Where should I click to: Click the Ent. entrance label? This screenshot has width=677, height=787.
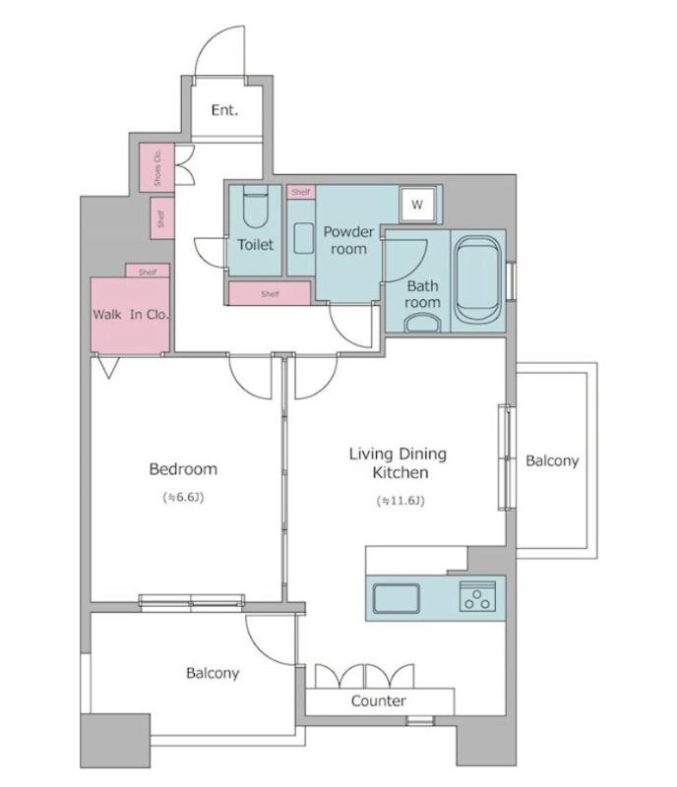[x=224, y=110]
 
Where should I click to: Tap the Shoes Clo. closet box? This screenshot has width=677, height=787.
[x=156, y=167]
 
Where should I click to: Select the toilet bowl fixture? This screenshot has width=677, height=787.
[x=256, y=207]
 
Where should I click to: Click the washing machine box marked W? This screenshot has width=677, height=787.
[x=417, y=205]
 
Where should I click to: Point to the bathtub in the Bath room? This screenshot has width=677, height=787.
[x=477, y=280]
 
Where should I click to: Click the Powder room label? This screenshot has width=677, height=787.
[x=348, y=240]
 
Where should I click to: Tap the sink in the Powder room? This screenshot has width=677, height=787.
[x=303, y=238]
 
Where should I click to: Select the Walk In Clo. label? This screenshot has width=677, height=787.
[x=131, y=315]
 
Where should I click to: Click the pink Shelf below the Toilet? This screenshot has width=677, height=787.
[x=270, y=293]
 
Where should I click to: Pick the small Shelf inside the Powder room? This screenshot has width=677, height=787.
[x=301, y=192]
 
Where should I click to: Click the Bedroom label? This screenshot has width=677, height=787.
[x=183, y=469]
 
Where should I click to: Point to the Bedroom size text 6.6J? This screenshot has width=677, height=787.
[x=183, y=498]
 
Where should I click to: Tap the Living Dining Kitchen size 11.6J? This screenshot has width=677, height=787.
[x=400, y=501]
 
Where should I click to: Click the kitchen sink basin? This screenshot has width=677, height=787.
[x=397, y=598]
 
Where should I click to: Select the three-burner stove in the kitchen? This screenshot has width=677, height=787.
[x=477, y=596]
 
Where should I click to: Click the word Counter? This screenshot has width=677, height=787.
[x=378, y=700]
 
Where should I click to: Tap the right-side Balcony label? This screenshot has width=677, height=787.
[x=552, y=460]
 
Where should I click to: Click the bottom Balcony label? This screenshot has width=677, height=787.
[x=213, y=673]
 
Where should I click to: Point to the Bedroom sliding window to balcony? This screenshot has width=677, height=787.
[x=191, y=603]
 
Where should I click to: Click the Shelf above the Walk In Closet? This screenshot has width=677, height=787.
[x=148, y=272]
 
